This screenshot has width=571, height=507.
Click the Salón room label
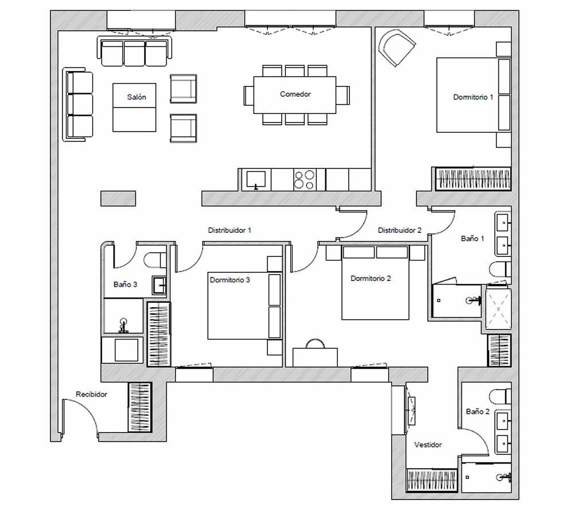pos(136,97)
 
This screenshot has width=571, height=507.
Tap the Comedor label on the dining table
pos(296,94)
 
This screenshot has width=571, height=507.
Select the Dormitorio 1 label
pos(473,97)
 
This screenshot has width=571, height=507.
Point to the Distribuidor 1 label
pos(230,230)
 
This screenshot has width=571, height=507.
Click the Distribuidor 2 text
pos(400,230)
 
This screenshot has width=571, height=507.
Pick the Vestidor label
pos(428,445)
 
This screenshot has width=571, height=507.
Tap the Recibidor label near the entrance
pos(92,394)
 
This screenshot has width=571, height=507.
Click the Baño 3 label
pos(125,284)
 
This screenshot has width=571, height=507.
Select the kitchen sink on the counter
pos(256,180)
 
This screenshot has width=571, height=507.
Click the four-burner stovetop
pos(305,180)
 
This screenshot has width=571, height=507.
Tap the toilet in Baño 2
pos(501,397)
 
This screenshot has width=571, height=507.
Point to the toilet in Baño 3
pos(155,260)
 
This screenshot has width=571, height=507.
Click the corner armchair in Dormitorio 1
pos(396,47)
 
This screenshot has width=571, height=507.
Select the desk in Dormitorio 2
pos(316,357)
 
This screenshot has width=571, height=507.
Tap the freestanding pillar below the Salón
pos(119,199)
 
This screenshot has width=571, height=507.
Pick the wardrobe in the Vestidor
pos(432,480)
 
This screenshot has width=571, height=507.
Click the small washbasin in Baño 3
pos(159,286)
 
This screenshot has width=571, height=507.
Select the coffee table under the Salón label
pos(135,108)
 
